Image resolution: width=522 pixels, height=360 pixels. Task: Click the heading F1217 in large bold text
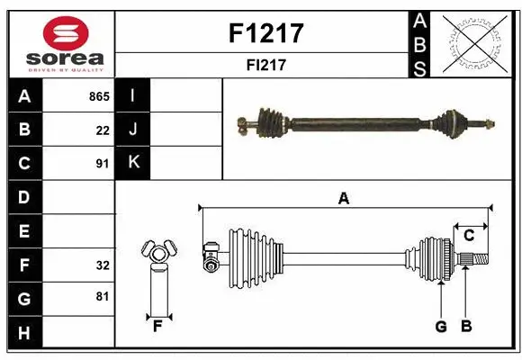[266, 33]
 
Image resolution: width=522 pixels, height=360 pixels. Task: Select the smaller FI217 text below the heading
[266, 65]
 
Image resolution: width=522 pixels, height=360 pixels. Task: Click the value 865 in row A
[98, 96]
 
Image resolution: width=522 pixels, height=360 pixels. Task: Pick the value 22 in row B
[103, 130]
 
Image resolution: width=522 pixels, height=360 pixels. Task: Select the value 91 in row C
[102, 164]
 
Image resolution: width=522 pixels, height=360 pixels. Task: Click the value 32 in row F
[102, 265]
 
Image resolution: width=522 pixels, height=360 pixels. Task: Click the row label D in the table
[24, 197]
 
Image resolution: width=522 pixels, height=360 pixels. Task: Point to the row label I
[133, 96]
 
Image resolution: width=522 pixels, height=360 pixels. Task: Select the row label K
[133, 163]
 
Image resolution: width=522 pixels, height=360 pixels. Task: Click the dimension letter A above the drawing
[343, 199]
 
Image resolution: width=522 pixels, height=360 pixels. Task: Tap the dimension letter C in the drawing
[469, 236]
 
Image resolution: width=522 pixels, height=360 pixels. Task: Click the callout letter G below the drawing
[441, 327]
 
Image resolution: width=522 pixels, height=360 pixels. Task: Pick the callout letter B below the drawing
[466, 327]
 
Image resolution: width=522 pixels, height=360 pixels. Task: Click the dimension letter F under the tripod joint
[157, 326]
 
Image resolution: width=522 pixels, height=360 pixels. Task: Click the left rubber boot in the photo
[269, 120]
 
